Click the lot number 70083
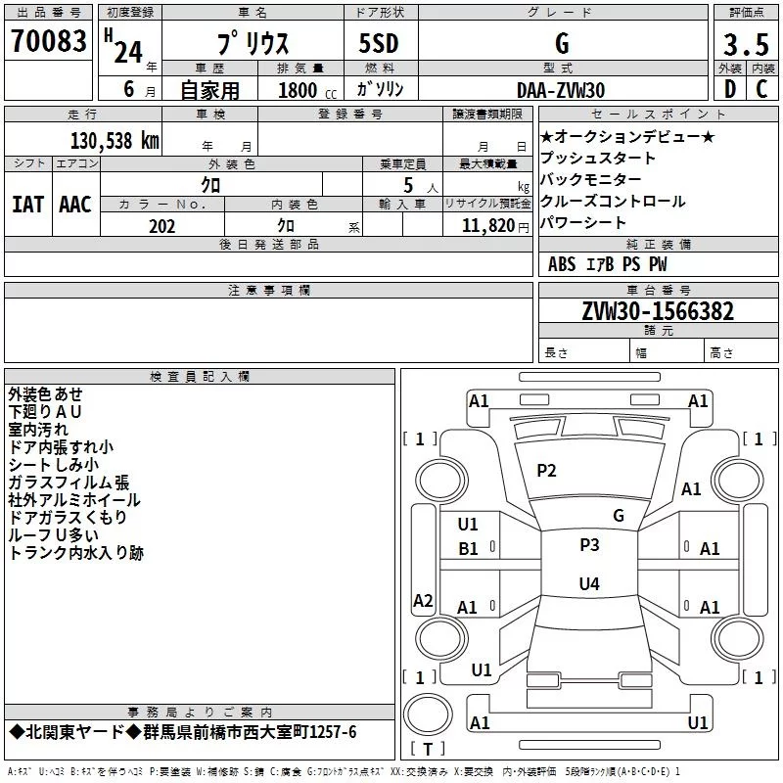pyautogui.click(x=48, y=41)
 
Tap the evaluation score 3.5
pyautogui.click(x=746, y=44)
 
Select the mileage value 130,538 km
pyautogui.click(x=115, y=140)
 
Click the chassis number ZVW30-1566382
pyautogui.click(x=658, y=311)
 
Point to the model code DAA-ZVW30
pyautogui.click(x=561, y=90)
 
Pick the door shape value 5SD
pyautogui.click(x=379, y=43)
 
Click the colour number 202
pyautogui.click(x=161, y=226)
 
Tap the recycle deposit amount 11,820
pyautogui.click(x=487, y=226)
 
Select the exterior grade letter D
pyautogui.click(x=730, y=89)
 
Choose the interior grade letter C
pyautogui.click(x=761, y=89)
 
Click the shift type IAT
pyautogui.click(x=27, y=205)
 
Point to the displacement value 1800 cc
pyautogui.click(x=307, y=90)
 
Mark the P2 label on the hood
pyautogui.click(x=546, y=471)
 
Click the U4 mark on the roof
pyautogui.click(x=589, y=583)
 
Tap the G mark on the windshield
pyautogui.click(x=619, y=516)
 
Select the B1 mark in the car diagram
pyautogui.click(x=468, y=549)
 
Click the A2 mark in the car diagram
pyautogui.click(x=423, y=601)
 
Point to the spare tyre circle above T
pyautogui.click(x=428, y=714)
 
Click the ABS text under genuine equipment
pyautogui.click(x=562, y=264)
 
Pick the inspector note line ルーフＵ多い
pyautogui.click(x=54, y=535)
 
